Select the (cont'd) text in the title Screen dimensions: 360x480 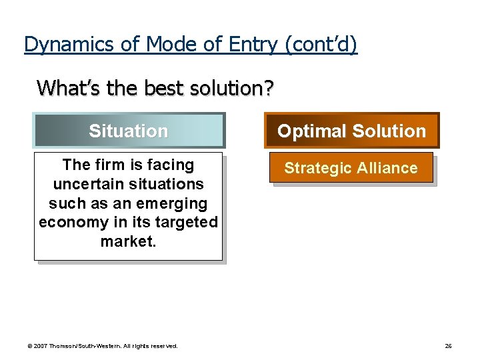321,44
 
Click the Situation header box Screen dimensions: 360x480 129,131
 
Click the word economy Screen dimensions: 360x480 69,222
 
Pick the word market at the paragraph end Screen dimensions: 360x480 127,241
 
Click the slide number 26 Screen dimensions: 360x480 448,346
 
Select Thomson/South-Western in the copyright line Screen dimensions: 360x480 84,346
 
